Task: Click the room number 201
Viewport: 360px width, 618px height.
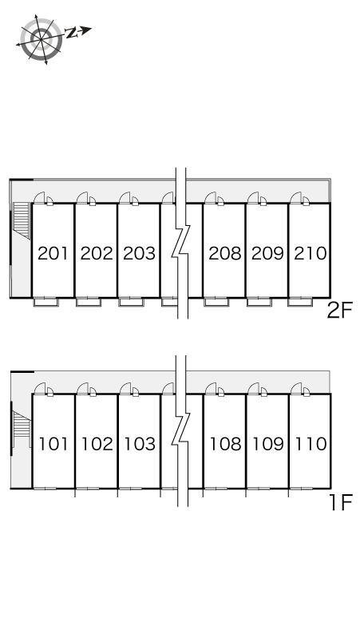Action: pos(53,253)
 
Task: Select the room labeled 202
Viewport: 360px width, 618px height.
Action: pos(97,253)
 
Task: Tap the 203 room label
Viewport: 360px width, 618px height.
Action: pos(139,253)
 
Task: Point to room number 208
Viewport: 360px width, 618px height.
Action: pos(225,253)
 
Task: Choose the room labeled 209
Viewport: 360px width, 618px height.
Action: pos(267,253)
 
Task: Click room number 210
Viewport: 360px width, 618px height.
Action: pos(311,253)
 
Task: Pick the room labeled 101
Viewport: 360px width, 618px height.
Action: pos(53,444)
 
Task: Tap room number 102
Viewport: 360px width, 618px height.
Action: pos(97,444)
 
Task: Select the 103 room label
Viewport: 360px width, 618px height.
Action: pos(140,444)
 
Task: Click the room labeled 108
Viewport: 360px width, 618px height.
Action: pos(225,444)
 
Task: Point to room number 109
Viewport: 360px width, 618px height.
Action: pos(268,444)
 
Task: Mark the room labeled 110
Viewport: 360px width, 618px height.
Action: pos(311,444)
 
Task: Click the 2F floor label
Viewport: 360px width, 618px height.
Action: pos(339,310)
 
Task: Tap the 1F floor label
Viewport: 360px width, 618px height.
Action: pos(341,502)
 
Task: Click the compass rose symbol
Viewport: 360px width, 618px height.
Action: pos(41,39)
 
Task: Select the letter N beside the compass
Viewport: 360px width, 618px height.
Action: pos(71,33)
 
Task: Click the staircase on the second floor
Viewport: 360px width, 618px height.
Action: pos(22,220)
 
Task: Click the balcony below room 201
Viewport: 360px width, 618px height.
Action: pos(45,302)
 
